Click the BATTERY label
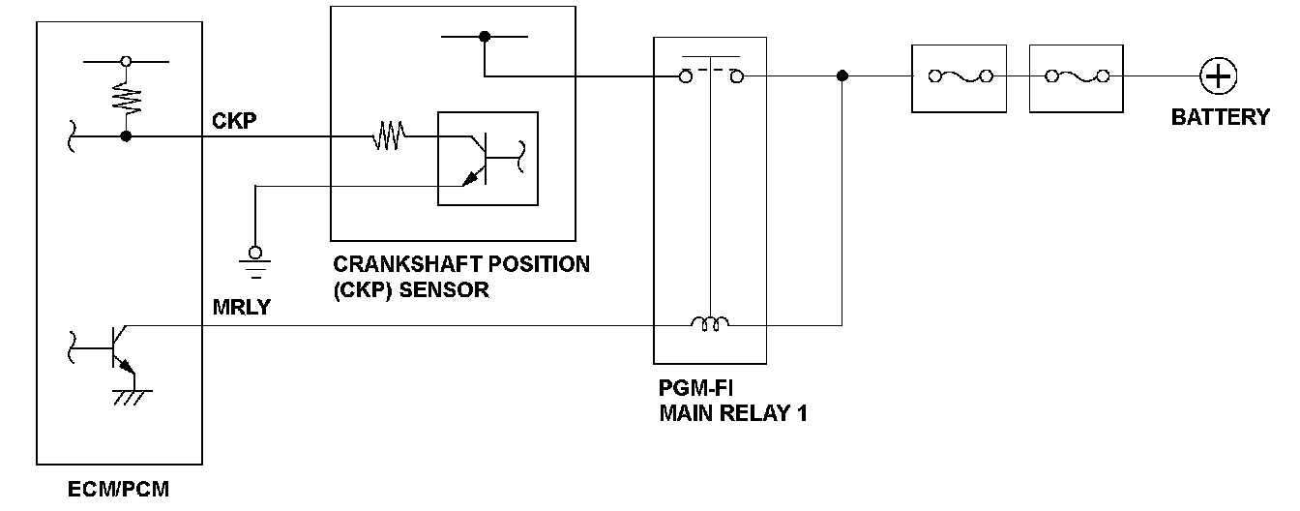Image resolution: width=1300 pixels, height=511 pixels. point(1220,118)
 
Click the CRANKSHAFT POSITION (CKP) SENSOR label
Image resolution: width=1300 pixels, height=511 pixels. point(460,276)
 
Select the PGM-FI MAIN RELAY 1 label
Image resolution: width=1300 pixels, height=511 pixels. point(732,403)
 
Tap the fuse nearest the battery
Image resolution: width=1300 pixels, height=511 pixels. point(1075,75)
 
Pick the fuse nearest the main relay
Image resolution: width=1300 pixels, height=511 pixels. point(959,75)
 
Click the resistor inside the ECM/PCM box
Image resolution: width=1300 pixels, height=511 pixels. point(126,98)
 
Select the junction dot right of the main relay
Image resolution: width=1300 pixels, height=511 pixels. point(842,75)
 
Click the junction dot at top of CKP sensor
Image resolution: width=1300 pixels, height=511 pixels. point(485,37)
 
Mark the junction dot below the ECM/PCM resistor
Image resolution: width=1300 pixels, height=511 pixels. point(126,137)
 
